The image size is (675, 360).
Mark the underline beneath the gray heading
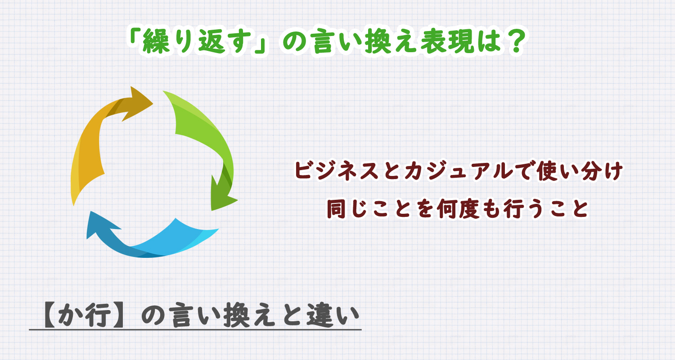pos(195,330)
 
